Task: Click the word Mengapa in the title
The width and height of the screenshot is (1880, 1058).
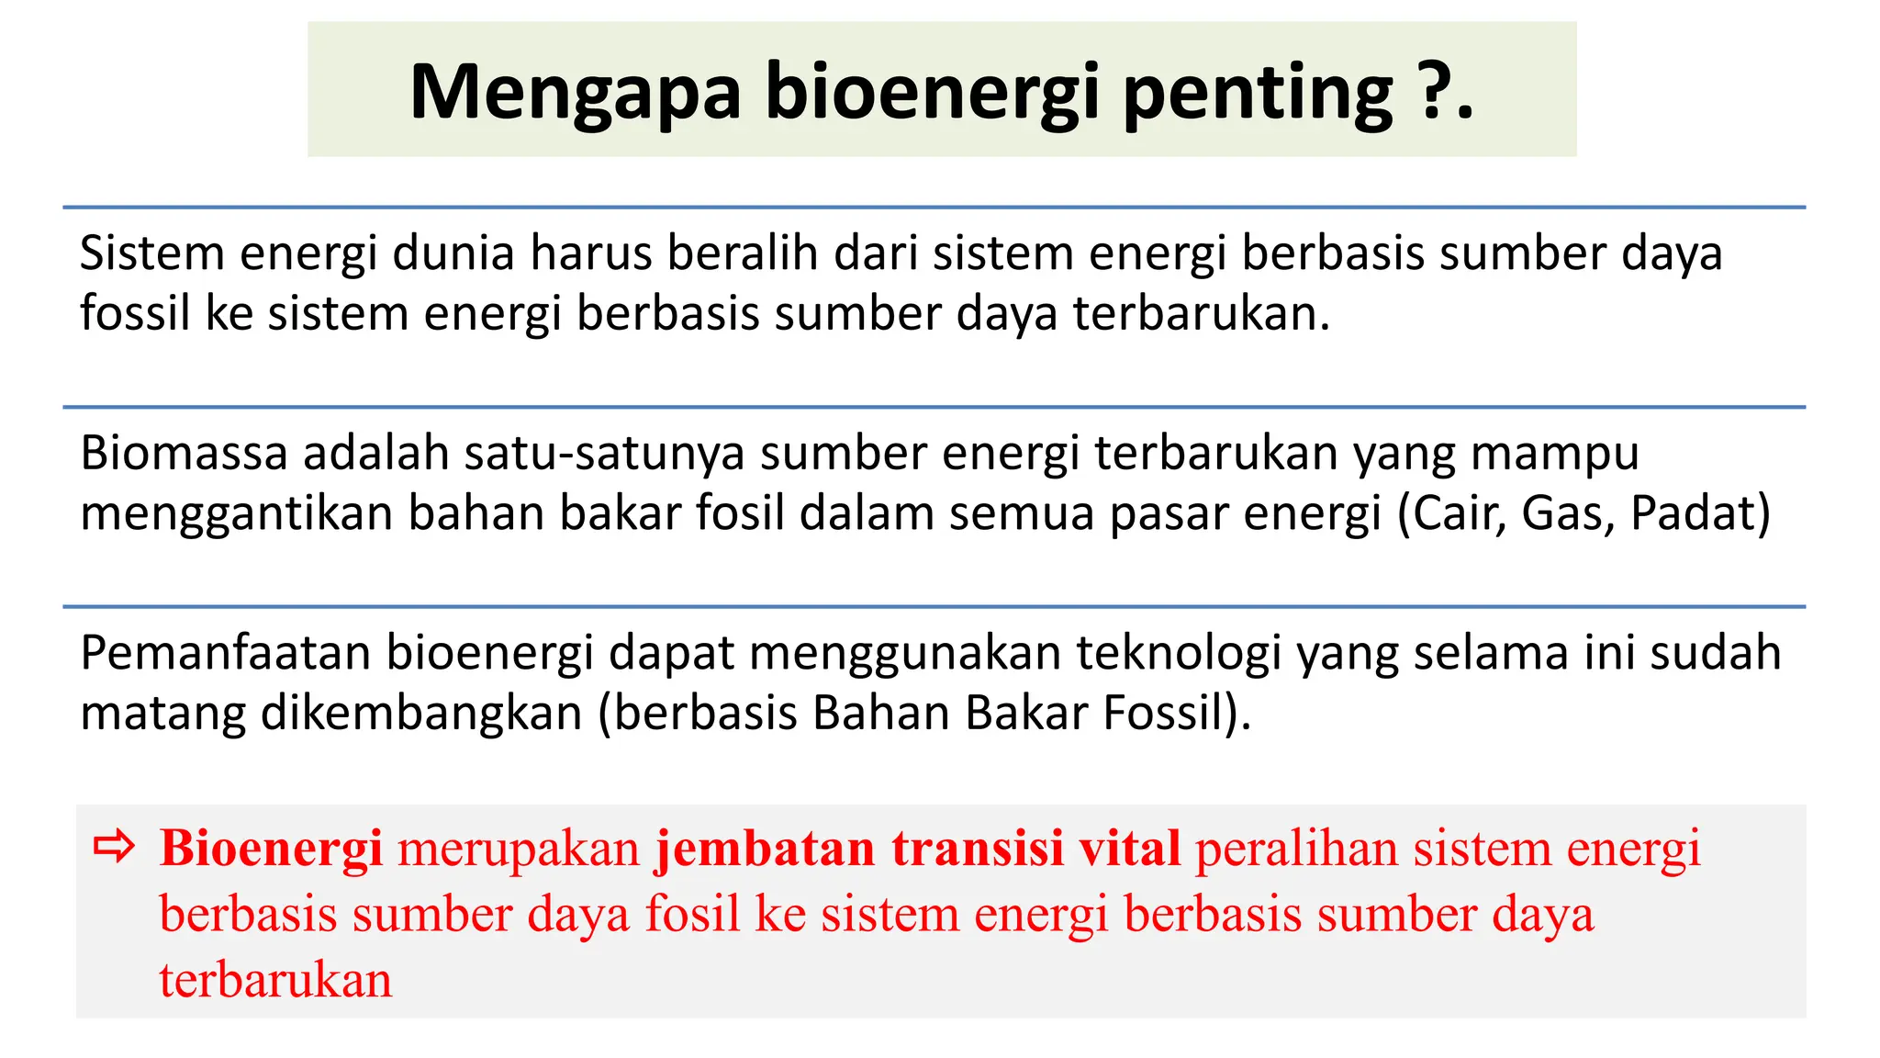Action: (575, 93)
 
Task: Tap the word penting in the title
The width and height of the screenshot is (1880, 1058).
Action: (1258, 93)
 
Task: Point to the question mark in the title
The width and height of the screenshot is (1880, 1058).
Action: (1434, 91)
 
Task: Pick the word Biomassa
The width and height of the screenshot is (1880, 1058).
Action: (184, 453)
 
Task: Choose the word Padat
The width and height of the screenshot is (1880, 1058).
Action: (1694, 513)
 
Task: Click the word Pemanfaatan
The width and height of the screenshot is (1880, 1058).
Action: (225, 653)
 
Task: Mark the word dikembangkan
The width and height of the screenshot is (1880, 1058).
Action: (421, 714)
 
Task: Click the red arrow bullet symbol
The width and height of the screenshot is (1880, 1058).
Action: (115, 846)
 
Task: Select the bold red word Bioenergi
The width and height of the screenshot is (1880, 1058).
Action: (271, 848)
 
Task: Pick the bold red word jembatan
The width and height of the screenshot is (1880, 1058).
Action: (766, 848)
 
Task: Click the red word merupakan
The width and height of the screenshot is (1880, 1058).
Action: (519, 850)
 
